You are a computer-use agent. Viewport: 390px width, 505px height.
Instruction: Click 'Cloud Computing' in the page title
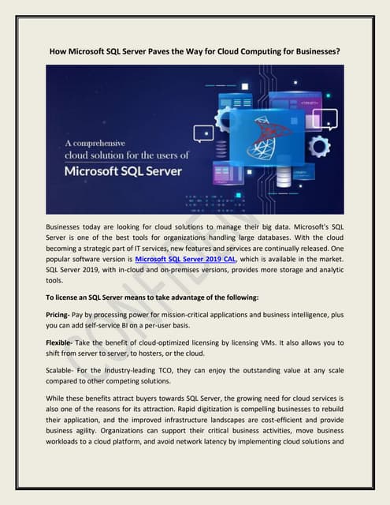pyautogui.click(x=247, y=52)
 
